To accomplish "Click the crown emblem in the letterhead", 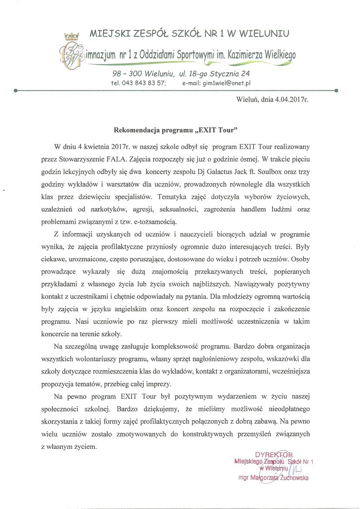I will click(71, 37).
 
